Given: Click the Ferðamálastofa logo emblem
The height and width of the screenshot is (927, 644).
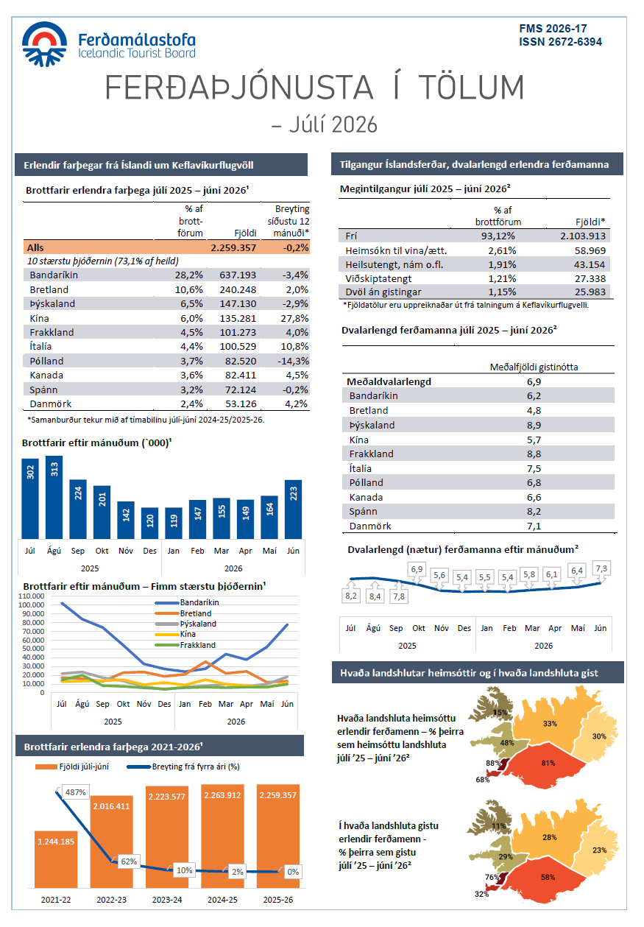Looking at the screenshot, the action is (x=44, y=44).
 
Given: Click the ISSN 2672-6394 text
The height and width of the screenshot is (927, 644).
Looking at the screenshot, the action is (x=560, y=42).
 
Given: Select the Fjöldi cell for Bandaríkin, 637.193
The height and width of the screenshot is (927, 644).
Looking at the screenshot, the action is (x=238, y=275).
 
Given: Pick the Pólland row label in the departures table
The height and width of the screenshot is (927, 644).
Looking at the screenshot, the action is (x=46, y=362).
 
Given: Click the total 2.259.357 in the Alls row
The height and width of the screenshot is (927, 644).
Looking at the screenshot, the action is (x=233, y=248).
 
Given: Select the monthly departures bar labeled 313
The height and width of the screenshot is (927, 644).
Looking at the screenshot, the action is (x=54, y=498).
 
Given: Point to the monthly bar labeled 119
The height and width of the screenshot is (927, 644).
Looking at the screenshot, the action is (x=174, y=523).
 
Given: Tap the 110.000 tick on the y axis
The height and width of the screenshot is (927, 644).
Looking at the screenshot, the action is (x=32, y=596).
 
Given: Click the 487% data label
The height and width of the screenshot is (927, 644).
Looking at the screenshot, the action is (x=76, y=792).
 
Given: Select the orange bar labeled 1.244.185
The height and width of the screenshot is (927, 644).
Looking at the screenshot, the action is (x=56, y=859).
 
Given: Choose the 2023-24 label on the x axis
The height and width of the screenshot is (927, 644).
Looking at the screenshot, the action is (x=166, y=900).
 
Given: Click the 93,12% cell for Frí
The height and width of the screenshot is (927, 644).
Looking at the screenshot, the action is (x=498, y=236).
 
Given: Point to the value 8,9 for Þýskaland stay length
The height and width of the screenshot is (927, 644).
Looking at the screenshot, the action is (x=534, y=425).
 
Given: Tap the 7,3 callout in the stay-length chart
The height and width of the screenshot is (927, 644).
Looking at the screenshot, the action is (x=601, y=568).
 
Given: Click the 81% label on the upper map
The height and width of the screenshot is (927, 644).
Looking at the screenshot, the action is (x=548, y=763).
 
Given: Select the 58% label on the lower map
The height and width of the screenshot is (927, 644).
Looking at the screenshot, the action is (x=548, y=877).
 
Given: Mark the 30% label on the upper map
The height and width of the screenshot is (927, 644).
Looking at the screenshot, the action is (x=599, y=736).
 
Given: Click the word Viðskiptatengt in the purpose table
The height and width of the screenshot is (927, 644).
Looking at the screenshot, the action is (x=378, y=279).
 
